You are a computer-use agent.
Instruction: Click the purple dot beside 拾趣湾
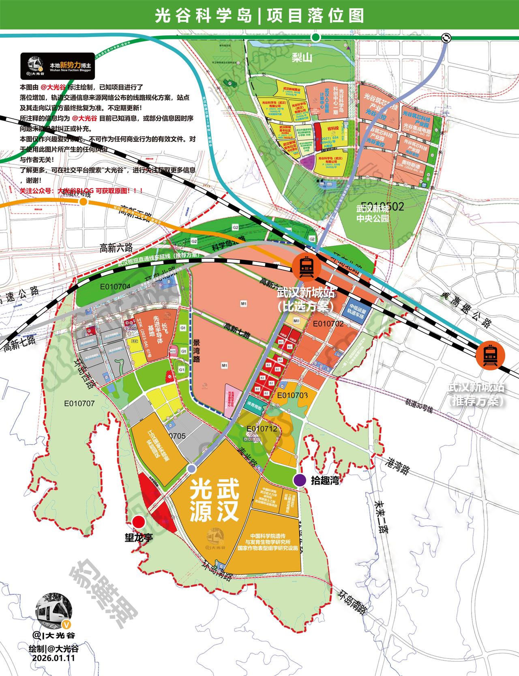[300, 480]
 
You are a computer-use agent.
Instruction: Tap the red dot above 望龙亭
[139, 521]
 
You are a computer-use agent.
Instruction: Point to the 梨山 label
[302, 58]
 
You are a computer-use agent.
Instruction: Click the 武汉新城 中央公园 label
[372, 214]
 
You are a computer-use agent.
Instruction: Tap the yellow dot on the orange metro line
[84, 202]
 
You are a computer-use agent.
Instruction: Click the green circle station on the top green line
[315, 37]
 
